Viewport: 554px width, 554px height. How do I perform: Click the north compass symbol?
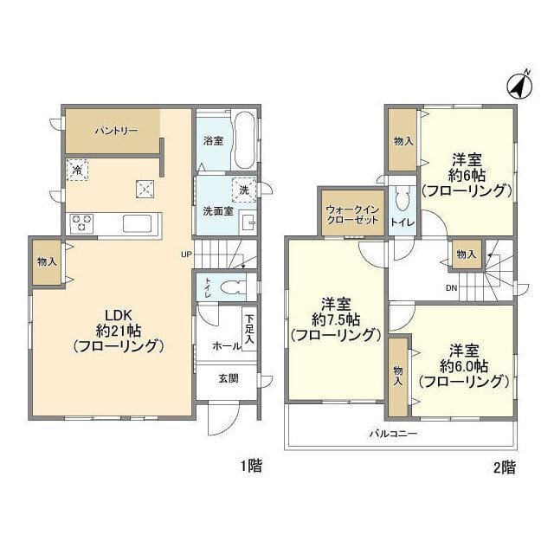point(519,87)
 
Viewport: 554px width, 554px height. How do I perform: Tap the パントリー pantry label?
point(116,131)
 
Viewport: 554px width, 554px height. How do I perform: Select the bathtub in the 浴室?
point(244,140)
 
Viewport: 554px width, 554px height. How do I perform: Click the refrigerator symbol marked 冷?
point(77,170)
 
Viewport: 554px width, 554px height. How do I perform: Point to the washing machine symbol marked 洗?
point(244,190)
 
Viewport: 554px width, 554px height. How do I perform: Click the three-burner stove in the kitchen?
point(81,223)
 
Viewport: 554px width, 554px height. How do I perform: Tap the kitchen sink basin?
point(137,223)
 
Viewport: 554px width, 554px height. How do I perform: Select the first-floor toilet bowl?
point(233,287)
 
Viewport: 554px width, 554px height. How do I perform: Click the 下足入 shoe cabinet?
point(249,329)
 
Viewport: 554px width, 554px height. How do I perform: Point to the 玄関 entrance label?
point(229,379)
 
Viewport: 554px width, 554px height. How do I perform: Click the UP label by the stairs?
point(186,254)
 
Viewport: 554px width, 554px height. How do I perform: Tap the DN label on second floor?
point(451,288)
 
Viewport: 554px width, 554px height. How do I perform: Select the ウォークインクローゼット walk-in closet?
point(352,213)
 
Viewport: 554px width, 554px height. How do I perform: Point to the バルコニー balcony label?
point(393,434)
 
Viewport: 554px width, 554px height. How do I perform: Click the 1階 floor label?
point(251,466)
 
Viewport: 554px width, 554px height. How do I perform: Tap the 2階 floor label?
point(504,467)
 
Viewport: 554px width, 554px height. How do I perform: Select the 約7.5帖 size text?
point(336,320)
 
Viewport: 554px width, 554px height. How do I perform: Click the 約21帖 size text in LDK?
point(119,331)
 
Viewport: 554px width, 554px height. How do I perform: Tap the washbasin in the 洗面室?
point(248,222)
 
